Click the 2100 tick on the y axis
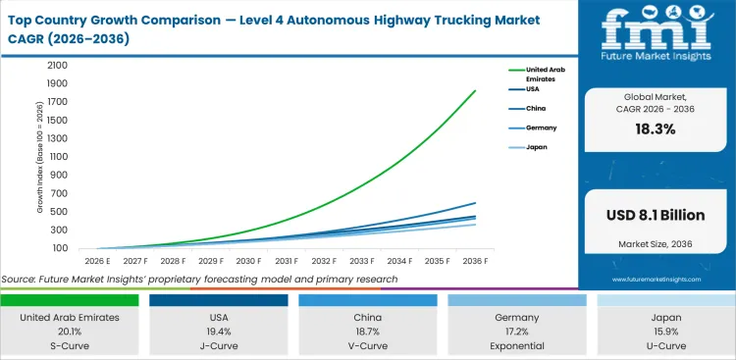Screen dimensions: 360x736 tap(57, 65)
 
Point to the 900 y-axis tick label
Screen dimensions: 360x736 tap(59, 175)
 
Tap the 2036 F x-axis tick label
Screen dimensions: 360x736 tap(476, 262)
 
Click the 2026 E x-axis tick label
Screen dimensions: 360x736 tap(96, 262)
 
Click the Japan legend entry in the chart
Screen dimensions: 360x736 tap(536, 147)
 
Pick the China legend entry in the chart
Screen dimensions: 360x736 tap(536, 109)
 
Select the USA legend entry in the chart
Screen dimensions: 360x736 tap(534, 88)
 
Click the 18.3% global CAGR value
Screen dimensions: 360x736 tap(656, 129)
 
